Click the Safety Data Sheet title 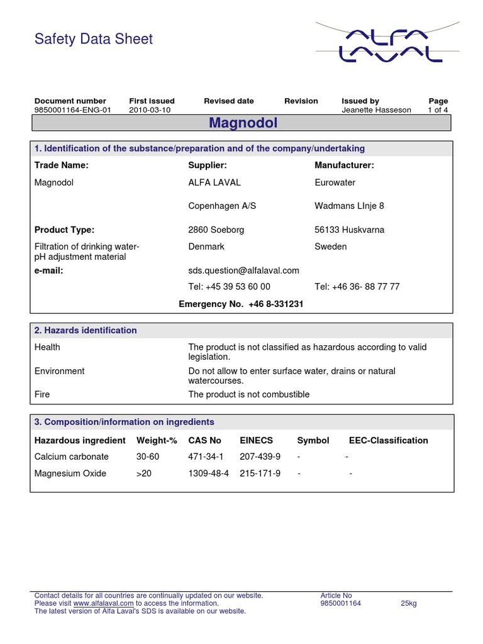point(93,39)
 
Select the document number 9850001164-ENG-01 point(72,110)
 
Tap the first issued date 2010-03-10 point(150,110)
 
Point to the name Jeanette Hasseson point(376,110)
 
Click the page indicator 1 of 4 point(438,110)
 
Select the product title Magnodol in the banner point(243,123)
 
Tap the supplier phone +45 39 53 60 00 point(230,287)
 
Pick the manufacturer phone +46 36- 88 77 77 point(357,287)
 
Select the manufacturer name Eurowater point(335,182)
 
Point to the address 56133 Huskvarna point(349,230)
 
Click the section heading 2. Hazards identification point(86,330)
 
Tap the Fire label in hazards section point(42,394)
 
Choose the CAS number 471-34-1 point(206,457)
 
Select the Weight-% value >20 point(144,473)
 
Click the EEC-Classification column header point(388,440)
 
